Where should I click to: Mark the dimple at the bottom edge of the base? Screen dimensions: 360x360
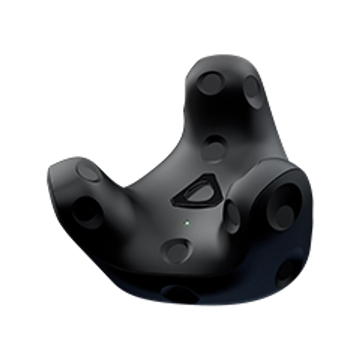(179, 295)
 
